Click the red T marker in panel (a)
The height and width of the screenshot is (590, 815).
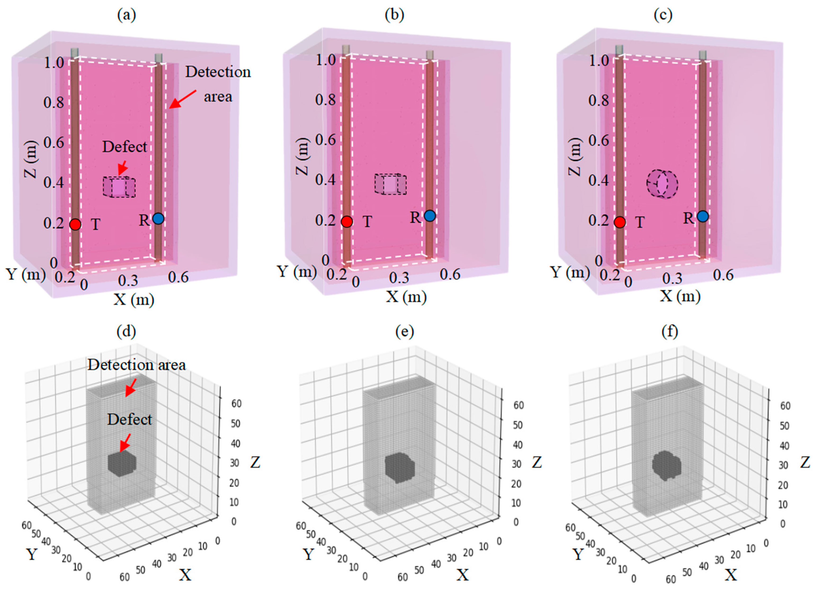pos(75,224)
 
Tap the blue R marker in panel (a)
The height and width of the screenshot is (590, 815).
pos(158,219)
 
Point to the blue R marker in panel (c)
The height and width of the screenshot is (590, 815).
pos(703,216)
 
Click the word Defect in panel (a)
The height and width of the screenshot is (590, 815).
pos(125,147)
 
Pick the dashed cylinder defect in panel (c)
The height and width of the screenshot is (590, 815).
pos(662,184)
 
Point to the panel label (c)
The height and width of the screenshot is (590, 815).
pos(663,15)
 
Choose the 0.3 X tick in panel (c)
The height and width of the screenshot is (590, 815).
pos(672,278)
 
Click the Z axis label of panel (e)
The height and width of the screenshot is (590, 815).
pos(537,463)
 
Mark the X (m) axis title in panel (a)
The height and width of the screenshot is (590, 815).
pos(134,299)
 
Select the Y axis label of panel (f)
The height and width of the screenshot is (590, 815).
pos(578,554)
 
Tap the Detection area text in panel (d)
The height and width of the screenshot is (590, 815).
pos(137,365)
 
